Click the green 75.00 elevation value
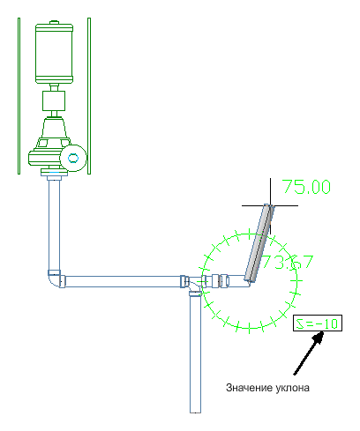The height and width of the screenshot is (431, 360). pos(306,187)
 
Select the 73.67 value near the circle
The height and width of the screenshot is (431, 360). pos(288,262)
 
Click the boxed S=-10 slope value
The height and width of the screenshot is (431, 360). pos(318,323)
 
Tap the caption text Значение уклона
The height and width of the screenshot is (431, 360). pos(267,388)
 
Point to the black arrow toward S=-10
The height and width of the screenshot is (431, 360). pos(309,353)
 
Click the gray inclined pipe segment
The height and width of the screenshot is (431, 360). pos(259,243)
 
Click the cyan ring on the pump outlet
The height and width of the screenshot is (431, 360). pos(73,158)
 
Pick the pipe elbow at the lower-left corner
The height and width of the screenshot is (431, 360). pos(56,279)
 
